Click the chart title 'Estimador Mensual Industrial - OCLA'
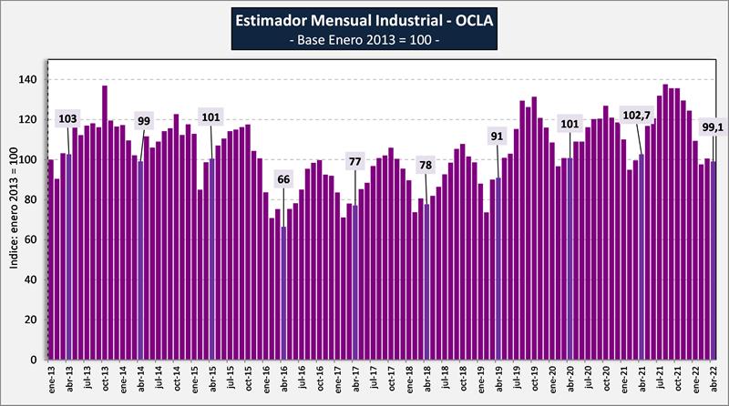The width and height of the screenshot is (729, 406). click(x=364, y=20)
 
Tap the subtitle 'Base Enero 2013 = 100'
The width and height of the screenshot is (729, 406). click(x=364, y=42)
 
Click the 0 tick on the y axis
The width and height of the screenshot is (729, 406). click(x=36, y=360)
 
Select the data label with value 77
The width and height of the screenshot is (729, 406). click(x=354, y=162)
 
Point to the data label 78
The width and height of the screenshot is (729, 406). click(x=426, y=165)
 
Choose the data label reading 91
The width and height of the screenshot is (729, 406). click(x=498, y=137)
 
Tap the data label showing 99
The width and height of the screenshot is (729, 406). click(x=143, y=121)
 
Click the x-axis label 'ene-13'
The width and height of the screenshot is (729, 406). click(x=51, y=379)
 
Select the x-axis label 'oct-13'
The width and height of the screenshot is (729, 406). click(x=105, y=379)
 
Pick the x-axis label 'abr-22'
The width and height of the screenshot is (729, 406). click(x=713, y=379)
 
